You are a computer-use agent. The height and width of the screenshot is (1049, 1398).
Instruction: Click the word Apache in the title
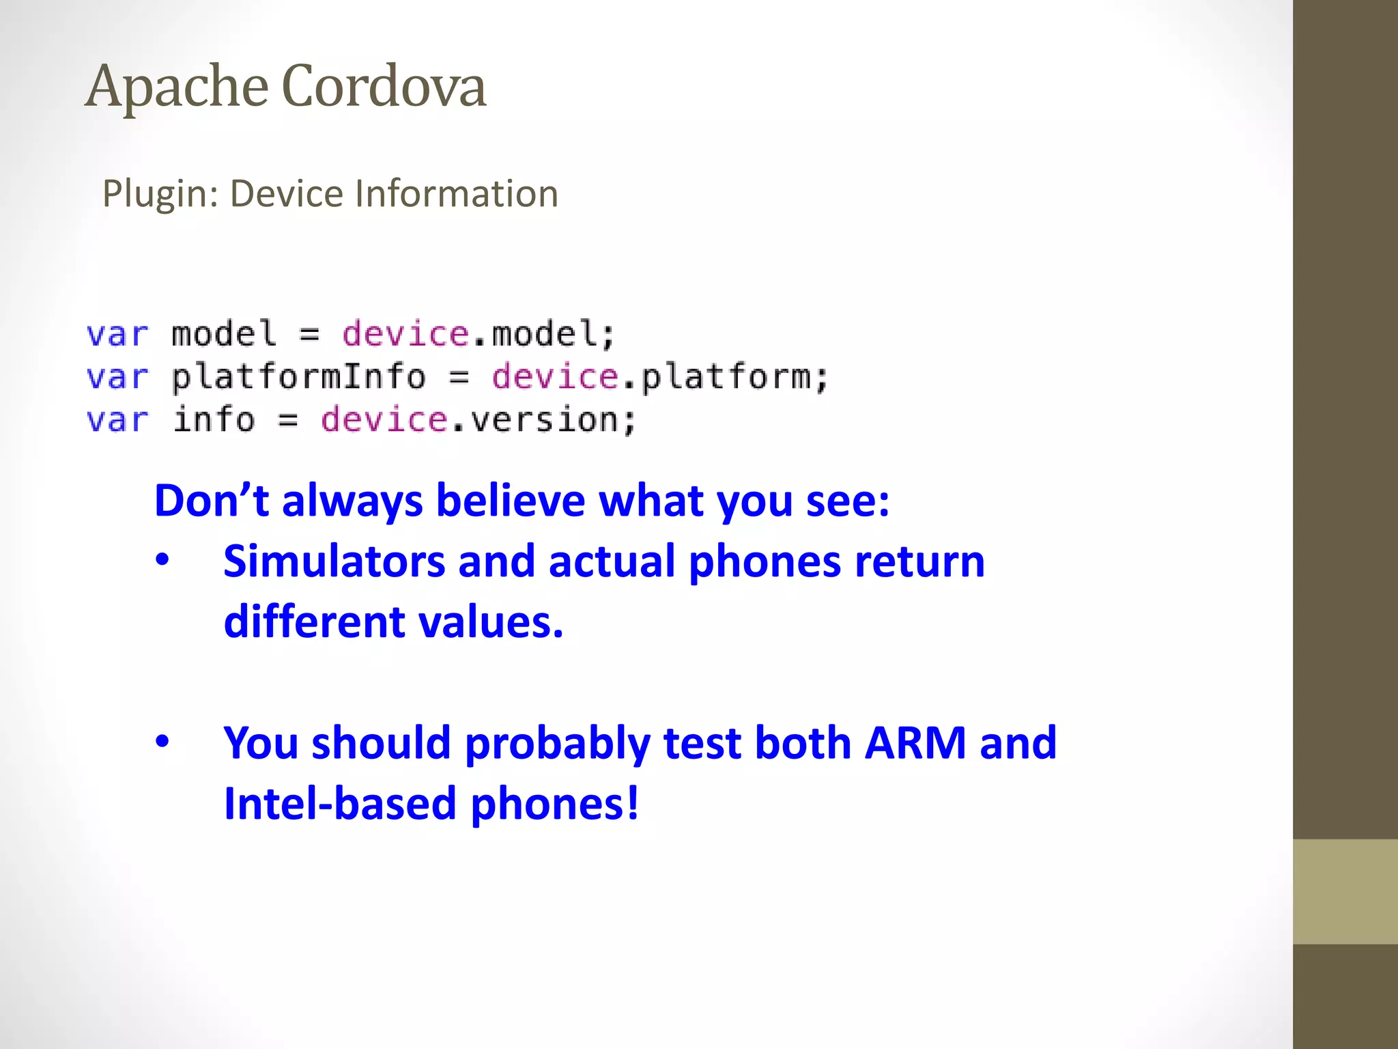coord(176,87)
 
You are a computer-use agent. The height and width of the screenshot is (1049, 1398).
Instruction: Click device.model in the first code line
coord(479,334)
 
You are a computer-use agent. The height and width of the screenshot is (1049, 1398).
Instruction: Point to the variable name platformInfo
coord(298,377)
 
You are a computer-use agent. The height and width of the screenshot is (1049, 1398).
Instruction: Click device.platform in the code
coord(659,377)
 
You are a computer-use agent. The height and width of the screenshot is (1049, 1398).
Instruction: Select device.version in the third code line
coord(478,419)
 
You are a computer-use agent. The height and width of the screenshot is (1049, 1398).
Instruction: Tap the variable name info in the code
coord(214,419)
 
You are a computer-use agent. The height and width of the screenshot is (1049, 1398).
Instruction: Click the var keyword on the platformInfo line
coord(117,377)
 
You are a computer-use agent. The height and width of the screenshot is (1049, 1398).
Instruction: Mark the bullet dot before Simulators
coord(162,561)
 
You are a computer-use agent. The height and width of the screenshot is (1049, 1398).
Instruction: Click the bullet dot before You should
coord(162,742)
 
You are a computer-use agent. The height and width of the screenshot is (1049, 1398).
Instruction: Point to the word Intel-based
coord(340,803)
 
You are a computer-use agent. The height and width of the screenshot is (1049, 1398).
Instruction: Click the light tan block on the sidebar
coord(1345,891)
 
